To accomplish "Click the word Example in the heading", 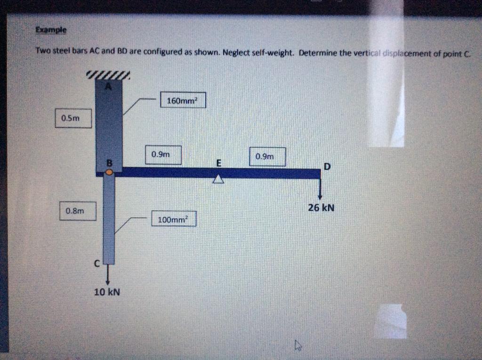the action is [x=51, y=30].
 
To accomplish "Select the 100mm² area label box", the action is [x=173, y=219].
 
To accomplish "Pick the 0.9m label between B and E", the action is [x=163, y=155].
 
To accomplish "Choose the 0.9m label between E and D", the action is [x=267, y=157].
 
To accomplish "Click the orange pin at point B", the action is [x=109, y=172].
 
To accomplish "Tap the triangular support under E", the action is [x=218, y=179].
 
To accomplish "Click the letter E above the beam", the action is [x=218, y=163].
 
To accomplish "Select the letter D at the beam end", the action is [x=327, y=166].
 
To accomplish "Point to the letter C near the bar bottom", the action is [x=96, y=265].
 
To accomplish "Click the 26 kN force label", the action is [x=321, y=208].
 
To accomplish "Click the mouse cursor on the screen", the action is [x=297, y=346].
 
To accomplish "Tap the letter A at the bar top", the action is [x=109, y=86].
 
